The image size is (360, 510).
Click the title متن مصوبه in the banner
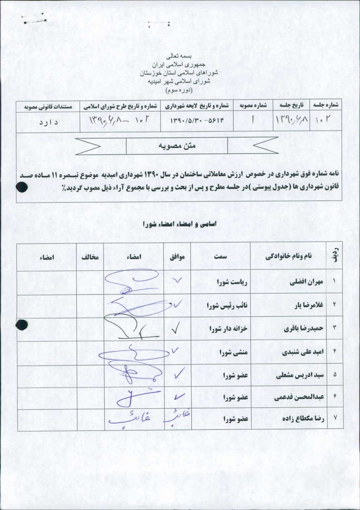(177, 146)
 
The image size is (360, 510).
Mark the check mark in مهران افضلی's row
(177, 280)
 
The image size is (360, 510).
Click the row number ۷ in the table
(334, 420)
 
